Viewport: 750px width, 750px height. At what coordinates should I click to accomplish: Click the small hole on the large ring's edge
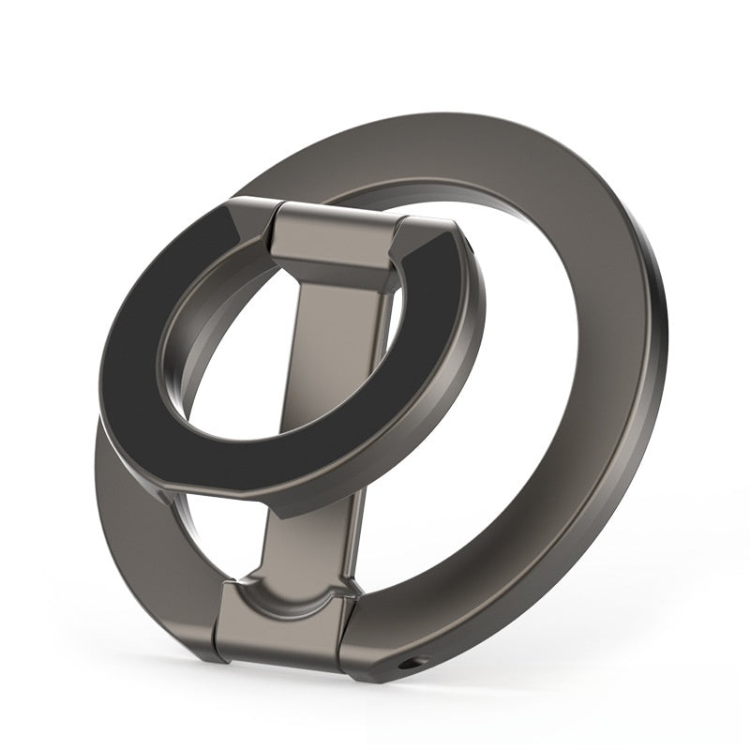411,665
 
